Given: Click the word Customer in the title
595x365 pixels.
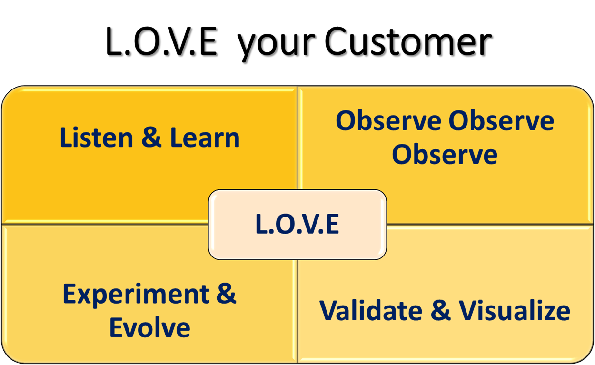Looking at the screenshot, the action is pos(408,41).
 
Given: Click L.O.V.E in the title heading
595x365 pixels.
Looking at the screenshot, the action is pos(162,41).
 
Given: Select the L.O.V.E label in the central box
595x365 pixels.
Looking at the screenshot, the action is pos(297,224).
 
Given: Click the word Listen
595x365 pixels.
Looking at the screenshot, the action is pos(97,138).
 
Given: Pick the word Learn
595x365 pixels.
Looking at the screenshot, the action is pos(205,138).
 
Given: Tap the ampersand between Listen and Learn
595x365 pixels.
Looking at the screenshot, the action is pos(151,138).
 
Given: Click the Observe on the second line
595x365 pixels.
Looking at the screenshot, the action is pos(445,155).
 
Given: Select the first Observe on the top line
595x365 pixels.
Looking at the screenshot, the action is pos(388,120).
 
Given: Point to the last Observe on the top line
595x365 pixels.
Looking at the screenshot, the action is pos(501,120).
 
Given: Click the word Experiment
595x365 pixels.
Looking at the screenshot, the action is pos(136,296).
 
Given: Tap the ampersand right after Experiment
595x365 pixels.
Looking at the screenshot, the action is pos(226,294).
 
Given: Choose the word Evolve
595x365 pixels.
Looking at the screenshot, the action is pos(150,327).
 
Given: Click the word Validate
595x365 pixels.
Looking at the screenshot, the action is pos(371,310).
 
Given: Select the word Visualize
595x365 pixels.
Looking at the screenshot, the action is pos(515,310).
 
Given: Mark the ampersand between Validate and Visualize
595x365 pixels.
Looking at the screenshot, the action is pos(440,310).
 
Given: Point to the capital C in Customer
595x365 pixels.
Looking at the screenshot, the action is pos(336,41).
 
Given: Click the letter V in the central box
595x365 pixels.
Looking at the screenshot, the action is pos(308,224).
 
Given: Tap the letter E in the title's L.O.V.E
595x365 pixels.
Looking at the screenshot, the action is pos(208,41).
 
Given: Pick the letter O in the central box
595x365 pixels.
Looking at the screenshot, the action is pos(285,224).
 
